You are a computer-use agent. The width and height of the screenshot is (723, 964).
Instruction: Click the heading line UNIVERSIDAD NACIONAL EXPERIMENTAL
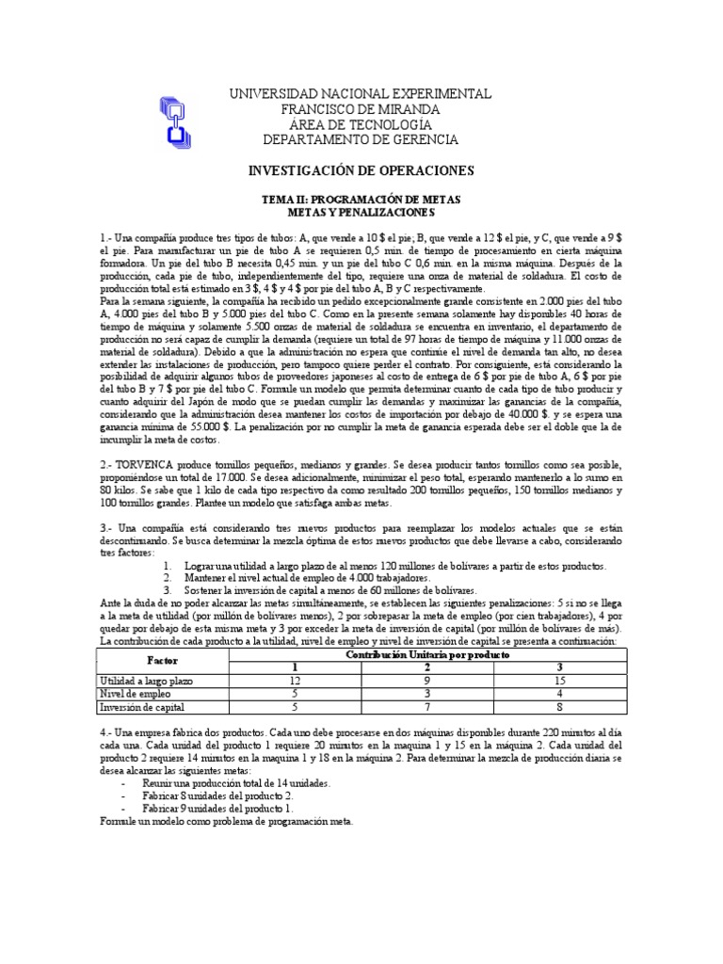(x=361, y=94)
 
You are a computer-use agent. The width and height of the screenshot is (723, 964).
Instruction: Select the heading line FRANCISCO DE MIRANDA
(x=361, y=109)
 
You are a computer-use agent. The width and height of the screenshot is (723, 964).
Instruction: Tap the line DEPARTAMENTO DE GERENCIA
(x=361, y=139)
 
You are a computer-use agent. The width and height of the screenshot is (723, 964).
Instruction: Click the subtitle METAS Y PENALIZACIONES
(x=361, y=215)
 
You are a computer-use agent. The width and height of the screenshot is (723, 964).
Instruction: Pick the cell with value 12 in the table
(x=294, y=681)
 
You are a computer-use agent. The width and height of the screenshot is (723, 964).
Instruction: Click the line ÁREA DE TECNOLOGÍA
(x=361, y=124)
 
